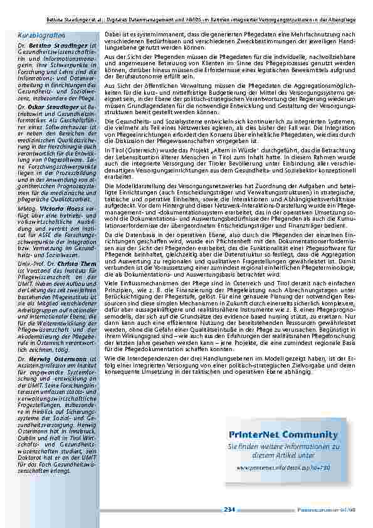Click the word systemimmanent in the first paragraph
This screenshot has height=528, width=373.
140,33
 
